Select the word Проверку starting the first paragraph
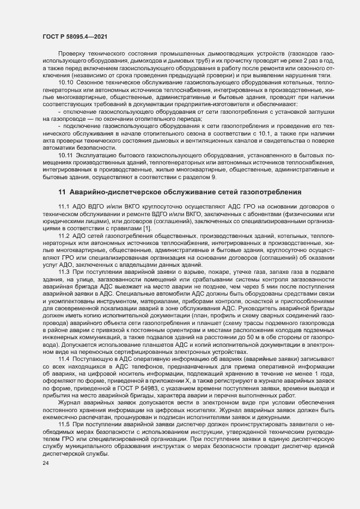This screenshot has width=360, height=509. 72,56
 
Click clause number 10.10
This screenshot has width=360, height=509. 66,82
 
